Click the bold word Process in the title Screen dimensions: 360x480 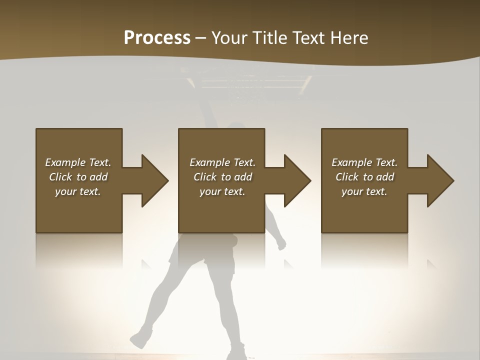pos(157,38)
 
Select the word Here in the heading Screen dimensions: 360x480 pos(349,38)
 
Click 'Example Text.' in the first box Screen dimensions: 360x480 pos(78,162)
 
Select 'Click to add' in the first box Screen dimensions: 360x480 pos(78,177)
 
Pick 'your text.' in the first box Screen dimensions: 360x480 pos(78,191)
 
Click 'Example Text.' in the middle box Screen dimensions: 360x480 pos(222,162)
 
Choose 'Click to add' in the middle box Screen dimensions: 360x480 pos(222,177)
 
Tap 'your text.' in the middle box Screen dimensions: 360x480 pos(222,191)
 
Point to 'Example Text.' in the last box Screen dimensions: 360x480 pos(364,162)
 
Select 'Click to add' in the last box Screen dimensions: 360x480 pos(364,177)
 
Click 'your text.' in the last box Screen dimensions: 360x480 pos(364,191)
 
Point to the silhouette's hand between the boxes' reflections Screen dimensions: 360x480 pos(281,243)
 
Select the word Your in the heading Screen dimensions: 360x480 pos(228,38)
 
